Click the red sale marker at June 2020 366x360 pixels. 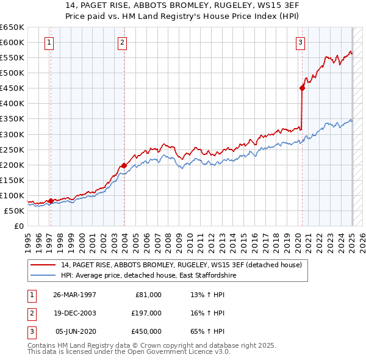(302, 88)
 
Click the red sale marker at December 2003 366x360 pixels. (124, 165)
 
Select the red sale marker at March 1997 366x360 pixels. (50, 200)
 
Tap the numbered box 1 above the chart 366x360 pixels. (48, 42)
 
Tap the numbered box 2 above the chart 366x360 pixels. (123, 42)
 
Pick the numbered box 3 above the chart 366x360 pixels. (301, 42)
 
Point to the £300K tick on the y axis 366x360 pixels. (12, 134)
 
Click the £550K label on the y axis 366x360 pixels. (12, 58)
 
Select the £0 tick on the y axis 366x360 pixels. (18, 226)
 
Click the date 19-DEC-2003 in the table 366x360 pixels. (74, 313)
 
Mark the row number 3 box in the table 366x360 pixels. (30, 331)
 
